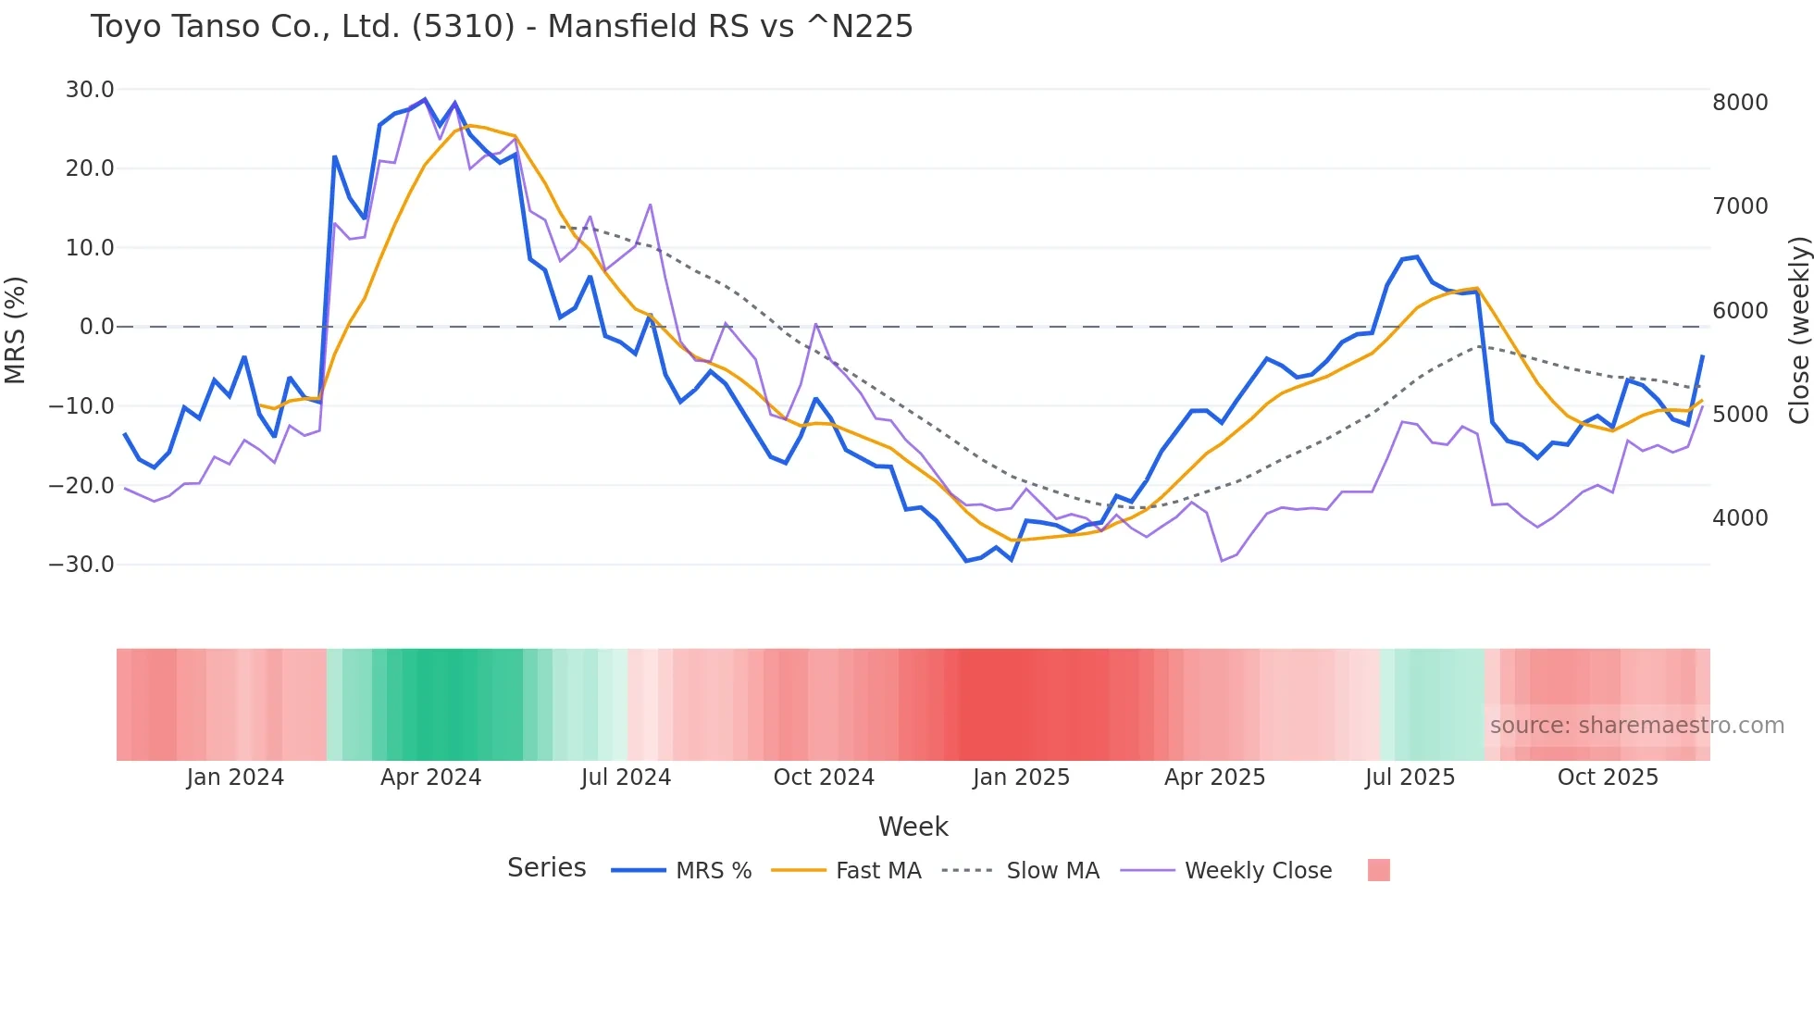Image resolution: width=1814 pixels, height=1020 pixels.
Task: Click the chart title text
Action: pyautogui.click(x=502, y=27)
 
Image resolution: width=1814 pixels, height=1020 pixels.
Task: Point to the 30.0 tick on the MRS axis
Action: pyautogui.click(x=90, y=90)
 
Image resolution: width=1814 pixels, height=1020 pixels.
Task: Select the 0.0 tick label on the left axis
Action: pyautogui.click(x=96, y=327)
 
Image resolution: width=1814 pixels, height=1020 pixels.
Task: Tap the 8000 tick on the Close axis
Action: pyautogui.click(x=1740, y=103)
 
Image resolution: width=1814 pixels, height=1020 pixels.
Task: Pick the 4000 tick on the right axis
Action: pyautogui.click(x=1740, y=518)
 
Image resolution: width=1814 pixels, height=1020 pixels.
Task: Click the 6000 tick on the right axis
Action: pyautogui.click(x=1740, y=311)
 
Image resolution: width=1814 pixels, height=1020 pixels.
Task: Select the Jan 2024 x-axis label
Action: pyautogui.click(x=235, y=777)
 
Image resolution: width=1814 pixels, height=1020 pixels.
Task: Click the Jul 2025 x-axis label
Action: pyautogui.click(x=1410, y=777)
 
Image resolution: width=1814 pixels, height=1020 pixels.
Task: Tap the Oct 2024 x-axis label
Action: pyautogui.click(x=824, y=777)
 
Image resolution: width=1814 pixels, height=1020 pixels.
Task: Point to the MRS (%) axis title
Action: pyautogui.click(x=16, y=330)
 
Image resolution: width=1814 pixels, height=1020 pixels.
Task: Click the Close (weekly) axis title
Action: pyautogui.click(x=1798, y=330)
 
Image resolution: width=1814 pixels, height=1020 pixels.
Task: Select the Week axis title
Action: pyautogui.click(x=913, y=827)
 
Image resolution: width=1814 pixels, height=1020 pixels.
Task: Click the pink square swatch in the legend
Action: pyautogui.click(x=1378, y=870)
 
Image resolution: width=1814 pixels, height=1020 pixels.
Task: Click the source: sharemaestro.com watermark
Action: pyautogui.click(x=1636, y=726)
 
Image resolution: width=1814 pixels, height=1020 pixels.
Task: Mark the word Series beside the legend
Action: pyautogui.click(x=546, y=868)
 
